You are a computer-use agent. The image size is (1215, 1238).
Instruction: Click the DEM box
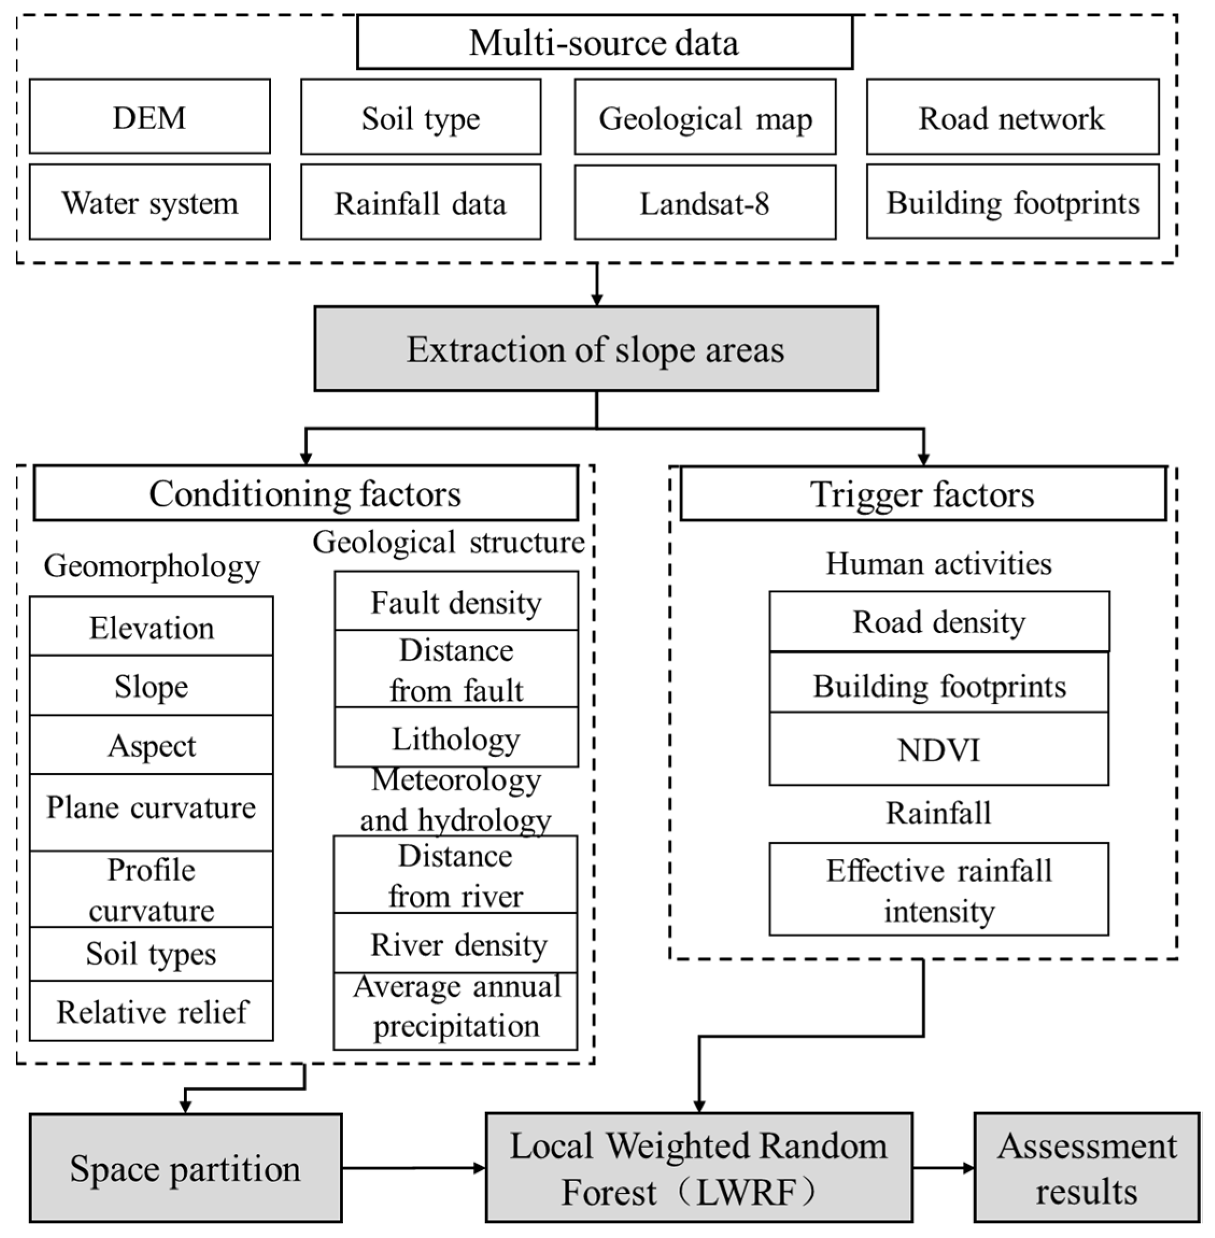coord(150,117)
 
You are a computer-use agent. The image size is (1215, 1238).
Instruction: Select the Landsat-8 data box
coord(705,203)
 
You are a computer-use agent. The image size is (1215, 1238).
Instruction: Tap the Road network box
coord(1012,117)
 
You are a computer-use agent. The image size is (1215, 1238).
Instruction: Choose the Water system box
coord(150,202)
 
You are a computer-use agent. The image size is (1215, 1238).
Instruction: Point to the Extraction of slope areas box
coord(595,348)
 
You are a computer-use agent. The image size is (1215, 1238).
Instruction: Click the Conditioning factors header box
coord(305,493)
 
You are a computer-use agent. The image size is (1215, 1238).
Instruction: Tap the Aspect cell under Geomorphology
coord(151,745)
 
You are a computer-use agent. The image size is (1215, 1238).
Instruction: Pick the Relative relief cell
coord(151,1012)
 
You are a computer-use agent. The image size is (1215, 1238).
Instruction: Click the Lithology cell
coord(456,738)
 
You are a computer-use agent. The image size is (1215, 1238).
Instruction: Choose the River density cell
coord(456,943)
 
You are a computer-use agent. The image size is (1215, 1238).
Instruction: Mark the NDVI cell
coord(938,749)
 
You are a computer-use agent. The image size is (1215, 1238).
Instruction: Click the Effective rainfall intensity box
coord(938,890)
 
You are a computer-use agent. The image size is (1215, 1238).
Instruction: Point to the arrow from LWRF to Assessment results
coord(943,1168)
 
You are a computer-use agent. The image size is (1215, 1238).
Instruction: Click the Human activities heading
coord(938,564)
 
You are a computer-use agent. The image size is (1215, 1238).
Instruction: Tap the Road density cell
coord(938,622)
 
